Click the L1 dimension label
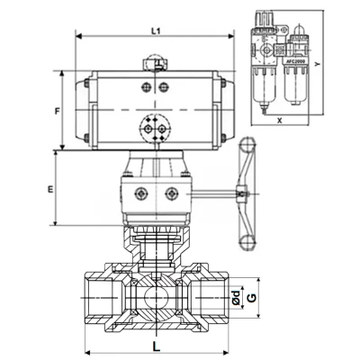coord(156,31)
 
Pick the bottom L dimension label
coord(156,345)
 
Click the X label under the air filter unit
coord(281,118)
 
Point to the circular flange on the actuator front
coord(154,128)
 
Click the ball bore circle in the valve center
coord(154,293)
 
